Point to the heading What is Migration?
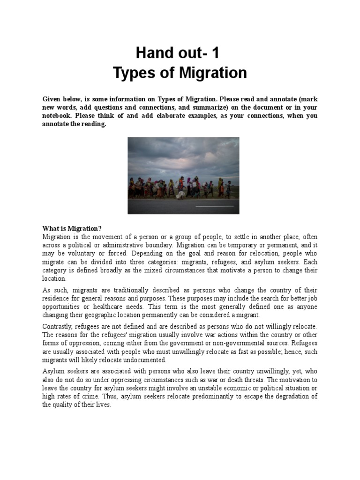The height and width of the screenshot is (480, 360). (72, 228)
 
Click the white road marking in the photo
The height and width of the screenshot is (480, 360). (214, 206)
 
